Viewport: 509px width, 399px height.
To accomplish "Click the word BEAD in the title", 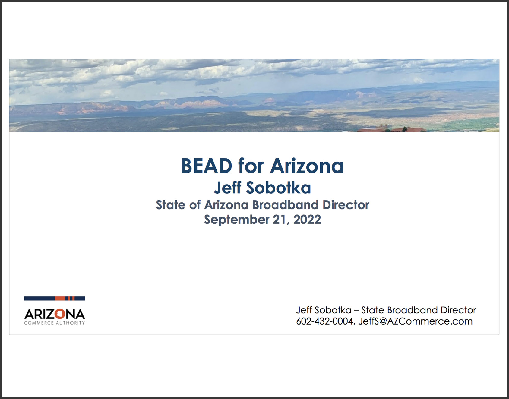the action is [x=207, y=166].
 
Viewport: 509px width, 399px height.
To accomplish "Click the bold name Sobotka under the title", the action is [x=279, y=188].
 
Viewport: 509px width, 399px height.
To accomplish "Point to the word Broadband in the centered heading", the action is [x=285, y=205].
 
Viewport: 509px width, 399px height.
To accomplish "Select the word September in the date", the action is [x=236, y=220].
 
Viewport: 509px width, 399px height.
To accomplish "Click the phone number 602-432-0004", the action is [x=324, y=321].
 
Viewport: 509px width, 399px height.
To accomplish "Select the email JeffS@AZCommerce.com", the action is [x=416, y=321].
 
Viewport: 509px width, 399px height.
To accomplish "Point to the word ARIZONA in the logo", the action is [x=55, y=314].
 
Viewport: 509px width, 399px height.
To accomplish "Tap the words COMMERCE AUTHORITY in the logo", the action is [x=55, y=323].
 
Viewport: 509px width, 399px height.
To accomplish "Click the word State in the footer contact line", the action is [x=372, y=310].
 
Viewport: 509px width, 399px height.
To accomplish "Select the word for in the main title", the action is [x=251, y=166].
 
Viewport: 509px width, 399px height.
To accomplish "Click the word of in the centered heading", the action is [x=195, y=205].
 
